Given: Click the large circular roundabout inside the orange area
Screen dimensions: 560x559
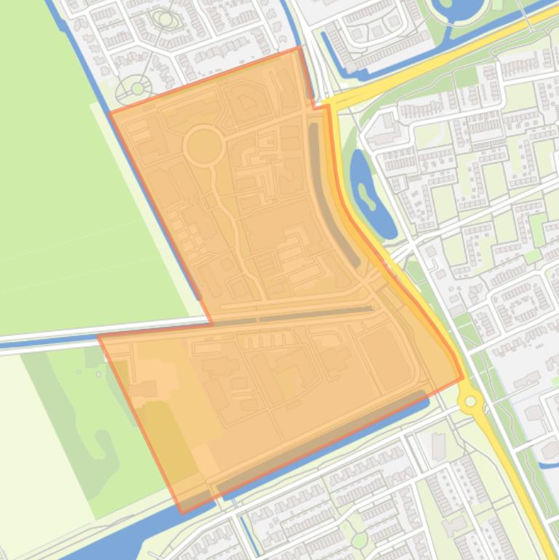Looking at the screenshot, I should [x=204, y=146].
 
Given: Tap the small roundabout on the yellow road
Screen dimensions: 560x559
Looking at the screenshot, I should [x=471, y=401].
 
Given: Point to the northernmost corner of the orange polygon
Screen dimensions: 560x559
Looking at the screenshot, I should [x=299, y=48].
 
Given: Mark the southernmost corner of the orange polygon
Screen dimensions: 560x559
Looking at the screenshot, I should [x=181, y=512].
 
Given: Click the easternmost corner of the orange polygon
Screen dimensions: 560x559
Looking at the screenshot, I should [x=462, y=378].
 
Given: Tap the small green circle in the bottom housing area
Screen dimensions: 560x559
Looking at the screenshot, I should [x=359, y=540].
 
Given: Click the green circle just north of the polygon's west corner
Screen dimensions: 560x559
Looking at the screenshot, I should [x=137, y=89].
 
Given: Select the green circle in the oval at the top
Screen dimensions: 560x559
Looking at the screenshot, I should [x=166, y=19].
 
